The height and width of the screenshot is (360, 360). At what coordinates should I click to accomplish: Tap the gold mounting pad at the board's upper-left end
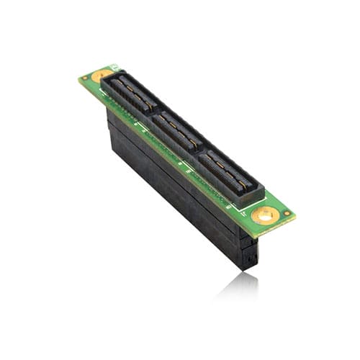tap(102, 73)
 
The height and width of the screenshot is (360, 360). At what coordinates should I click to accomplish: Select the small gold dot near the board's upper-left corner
tap(85, 77)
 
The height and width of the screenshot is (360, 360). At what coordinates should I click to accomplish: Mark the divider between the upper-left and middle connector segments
tap(153, 113)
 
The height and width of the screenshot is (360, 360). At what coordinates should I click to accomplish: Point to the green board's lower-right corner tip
tap(293, 214)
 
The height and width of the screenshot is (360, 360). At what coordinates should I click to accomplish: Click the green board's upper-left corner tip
tap(80, 78)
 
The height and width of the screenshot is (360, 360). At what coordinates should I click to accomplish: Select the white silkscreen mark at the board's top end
tap(114, 67)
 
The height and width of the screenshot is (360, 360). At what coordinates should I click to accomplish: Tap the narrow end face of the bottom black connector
tap(249, 252)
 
